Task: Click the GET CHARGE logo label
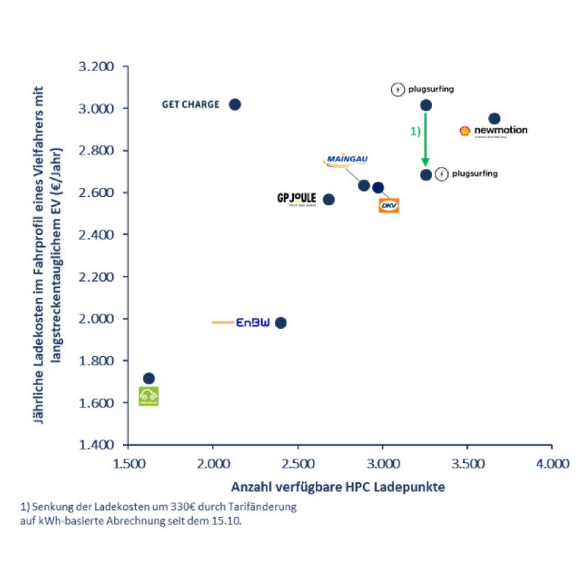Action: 190,104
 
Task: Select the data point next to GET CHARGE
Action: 235,104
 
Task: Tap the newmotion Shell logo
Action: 494,131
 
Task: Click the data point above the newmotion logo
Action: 494,118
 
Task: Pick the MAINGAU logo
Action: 345,160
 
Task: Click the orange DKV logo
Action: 389,205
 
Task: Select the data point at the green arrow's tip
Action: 425,174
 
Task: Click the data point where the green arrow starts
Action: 425,105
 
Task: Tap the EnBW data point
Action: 280,322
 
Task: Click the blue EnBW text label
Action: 254,322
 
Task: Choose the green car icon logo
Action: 148,397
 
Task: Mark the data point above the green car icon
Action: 148,378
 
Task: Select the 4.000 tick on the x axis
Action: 552,464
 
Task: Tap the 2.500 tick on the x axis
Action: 297,464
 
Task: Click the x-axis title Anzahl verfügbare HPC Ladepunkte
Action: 338,487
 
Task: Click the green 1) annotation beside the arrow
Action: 415,131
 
